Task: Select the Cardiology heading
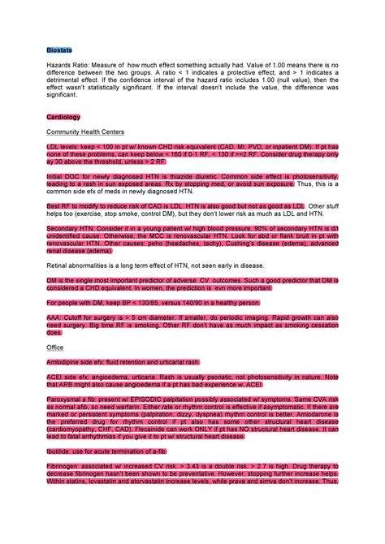[x=63, y=117]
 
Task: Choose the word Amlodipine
[x=64, y=361]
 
